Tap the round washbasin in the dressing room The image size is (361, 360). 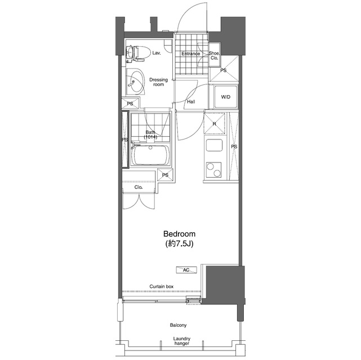tap(136, 82)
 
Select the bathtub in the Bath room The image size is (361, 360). tap(150, 155)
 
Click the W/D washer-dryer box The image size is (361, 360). tap(226, 97)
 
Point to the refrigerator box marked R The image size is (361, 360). tap(215, 123)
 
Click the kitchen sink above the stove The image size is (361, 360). tap(214, 145)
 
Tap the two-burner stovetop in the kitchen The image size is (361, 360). tap(213, 170)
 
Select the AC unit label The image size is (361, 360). tap(186, 270)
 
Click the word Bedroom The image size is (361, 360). tap(179, 234)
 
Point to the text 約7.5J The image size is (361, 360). tap(179, 244)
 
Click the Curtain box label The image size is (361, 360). tap(162, 286)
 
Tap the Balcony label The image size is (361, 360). tap(178, 325)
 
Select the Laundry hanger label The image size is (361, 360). tap(182, 341)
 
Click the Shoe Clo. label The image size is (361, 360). tap(214, 55)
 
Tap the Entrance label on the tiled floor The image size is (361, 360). tap(190, 53)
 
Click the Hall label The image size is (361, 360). tap(191, 102)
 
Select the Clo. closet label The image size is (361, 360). tap(139, 187)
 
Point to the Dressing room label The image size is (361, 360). tap(158, 82)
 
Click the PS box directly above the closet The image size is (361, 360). tap(165, 175)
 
